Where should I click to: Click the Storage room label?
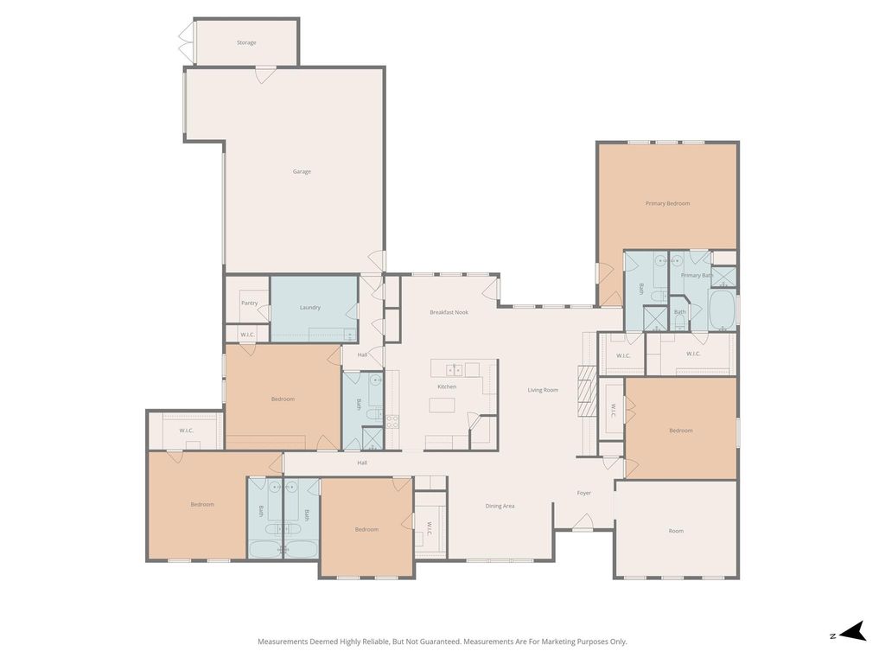pos(246,42)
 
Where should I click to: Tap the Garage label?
pos(302,172)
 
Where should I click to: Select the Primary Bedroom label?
pos(667,203)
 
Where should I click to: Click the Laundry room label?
pos(310,307)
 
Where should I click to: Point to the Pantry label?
pos(249,303)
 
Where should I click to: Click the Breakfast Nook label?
pos(449,312)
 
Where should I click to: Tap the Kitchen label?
pos(447,386)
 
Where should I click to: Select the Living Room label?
pos(543,390)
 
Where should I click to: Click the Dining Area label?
pos(500,506)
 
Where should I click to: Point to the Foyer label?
pos(583,493)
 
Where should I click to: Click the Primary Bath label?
pos(697,275)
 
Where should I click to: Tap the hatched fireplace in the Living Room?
pos(587,392)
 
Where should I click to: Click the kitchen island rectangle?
pos(442,405)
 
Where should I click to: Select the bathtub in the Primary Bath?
pos(722,310)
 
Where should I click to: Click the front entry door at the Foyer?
pos(583,522)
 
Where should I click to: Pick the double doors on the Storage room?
pos(186,42)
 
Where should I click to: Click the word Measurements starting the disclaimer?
pos(283,642)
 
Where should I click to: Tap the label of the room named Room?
pos(676,531)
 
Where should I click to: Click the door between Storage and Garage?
pos(266,74)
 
